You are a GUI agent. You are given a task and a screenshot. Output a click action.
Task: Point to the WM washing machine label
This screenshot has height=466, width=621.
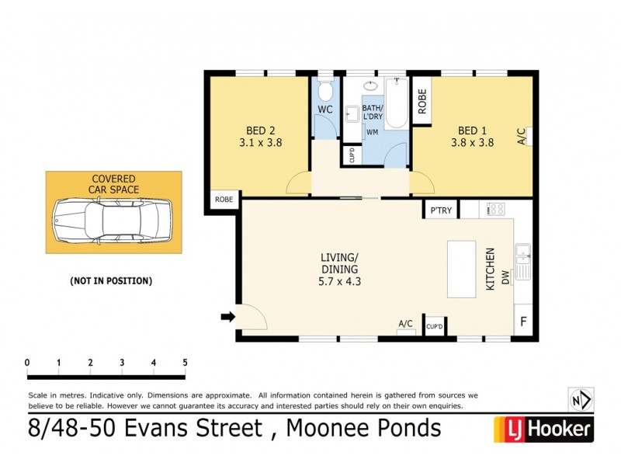(x=372, y=132)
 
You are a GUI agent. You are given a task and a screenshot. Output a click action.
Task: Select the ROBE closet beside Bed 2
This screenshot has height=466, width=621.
(x=224, y=200)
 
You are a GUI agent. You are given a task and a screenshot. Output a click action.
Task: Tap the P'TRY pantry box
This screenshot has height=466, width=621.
(x=439, y=210)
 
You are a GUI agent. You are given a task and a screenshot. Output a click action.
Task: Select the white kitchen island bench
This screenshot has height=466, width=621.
(x=461, y=268)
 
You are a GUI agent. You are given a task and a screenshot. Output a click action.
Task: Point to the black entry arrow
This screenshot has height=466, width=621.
(x=227, y=316)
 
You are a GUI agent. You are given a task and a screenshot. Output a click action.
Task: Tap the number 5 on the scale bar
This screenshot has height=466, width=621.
(x=185, y=363)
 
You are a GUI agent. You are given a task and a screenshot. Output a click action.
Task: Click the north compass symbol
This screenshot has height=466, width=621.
(x=581, y=400)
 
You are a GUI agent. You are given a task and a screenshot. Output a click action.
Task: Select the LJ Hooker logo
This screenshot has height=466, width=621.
(x=543, y=428)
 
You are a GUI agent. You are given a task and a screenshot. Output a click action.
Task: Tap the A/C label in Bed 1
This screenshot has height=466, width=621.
(x=521, y=136)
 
